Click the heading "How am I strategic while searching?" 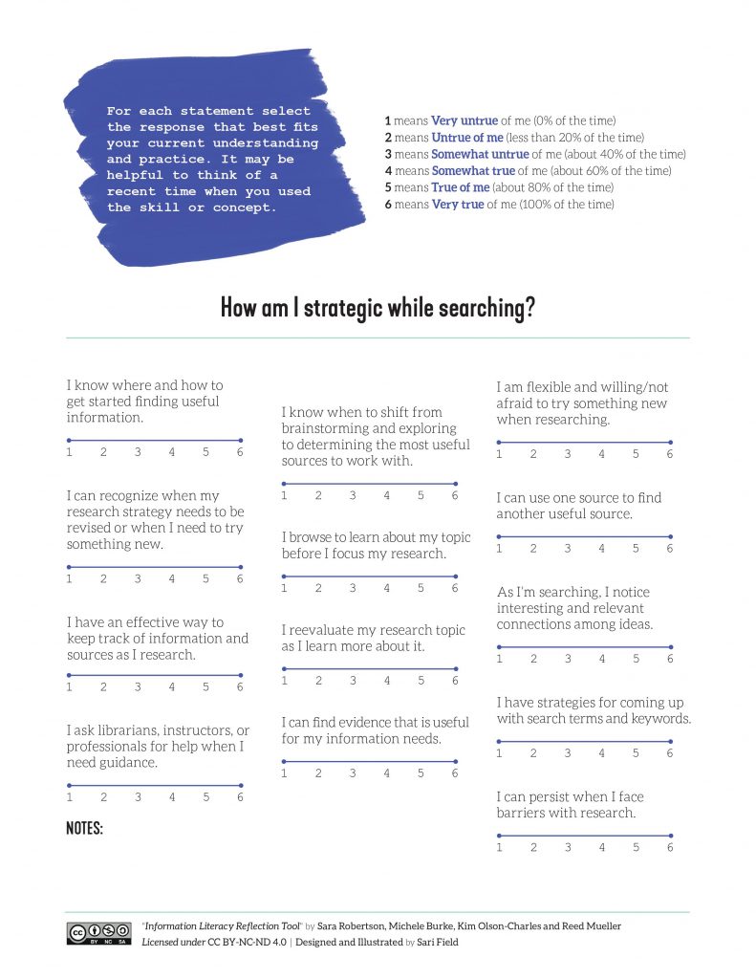point(378,308)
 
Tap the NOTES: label point(84,828)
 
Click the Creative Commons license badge point(98,933)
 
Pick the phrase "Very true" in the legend point(457,204)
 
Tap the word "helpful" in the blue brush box point(135,175)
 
